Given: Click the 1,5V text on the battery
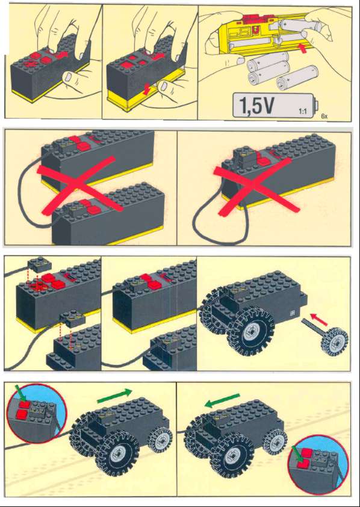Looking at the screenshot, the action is tap(256, 105).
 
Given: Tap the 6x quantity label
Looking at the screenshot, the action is tap(324, 116).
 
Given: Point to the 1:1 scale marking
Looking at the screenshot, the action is tap(302, 112).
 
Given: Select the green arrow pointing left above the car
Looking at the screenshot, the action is tap(222, 400).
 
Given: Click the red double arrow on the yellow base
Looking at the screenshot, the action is tap(147, 89).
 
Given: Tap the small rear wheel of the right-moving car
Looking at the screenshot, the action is tap(160, 440).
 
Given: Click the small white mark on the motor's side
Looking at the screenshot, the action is tap(291, 313).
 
